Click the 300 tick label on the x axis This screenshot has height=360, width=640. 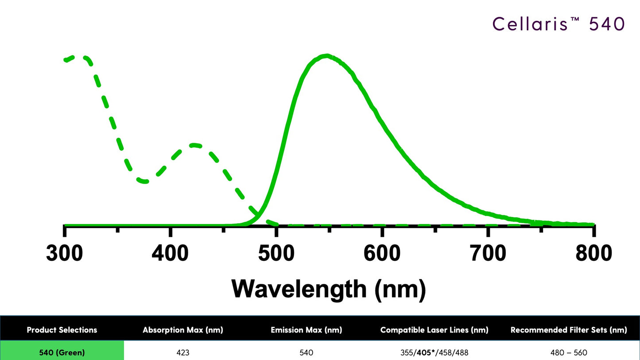coord(65,254)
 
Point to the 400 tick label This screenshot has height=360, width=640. coord(171,254)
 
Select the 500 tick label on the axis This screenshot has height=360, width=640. coord(276,254)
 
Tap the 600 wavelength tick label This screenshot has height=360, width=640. coord(382,254)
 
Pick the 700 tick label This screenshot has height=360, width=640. coord(488,254)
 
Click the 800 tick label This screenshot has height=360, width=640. coord(593,254)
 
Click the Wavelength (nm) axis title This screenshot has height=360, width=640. coord(328,289)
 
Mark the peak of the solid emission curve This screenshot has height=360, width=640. coord(326,56)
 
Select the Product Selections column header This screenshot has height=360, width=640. coord(62,330)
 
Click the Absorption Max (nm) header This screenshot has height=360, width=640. coord(182,330)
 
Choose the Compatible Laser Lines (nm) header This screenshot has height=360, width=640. coord(434,330)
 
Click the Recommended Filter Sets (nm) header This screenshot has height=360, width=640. coord(569,330)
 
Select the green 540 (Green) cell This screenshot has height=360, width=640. coord(62,353)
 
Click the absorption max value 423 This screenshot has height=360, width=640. coord(182,353)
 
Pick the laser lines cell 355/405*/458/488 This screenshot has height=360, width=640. coord(434,353)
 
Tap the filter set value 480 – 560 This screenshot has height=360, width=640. coord(569,353)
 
